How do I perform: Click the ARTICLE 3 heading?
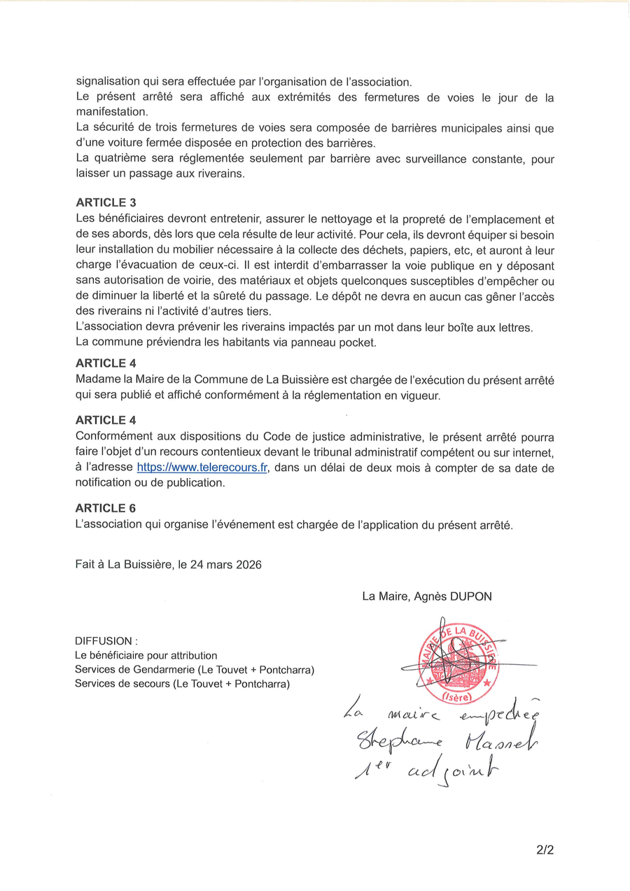pos(106,203)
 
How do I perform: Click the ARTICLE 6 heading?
pos(106,507)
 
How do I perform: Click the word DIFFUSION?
pos(103,641)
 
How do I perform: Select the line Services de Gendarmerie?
pos(195,670)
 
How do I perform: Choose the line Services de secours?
pos(182,684)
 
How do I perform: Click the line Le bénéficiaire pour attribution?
pos(146,656)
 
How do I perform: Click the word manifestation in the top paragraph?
pos(111,111)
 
